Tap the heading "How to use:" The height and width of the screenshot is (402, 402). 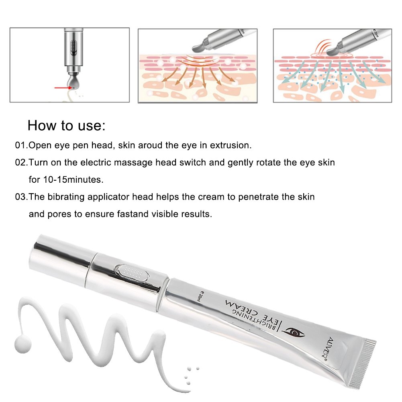tap(66, 125)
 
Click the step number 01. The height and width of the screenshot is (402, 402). tap(21, 145)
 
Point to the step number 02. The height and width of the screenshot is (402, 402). tap(21, 162)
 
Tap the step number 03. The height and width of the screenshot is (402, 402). tap(21, 197)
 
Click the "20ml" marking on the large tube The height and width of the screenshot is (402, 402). tap(200, 297)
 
